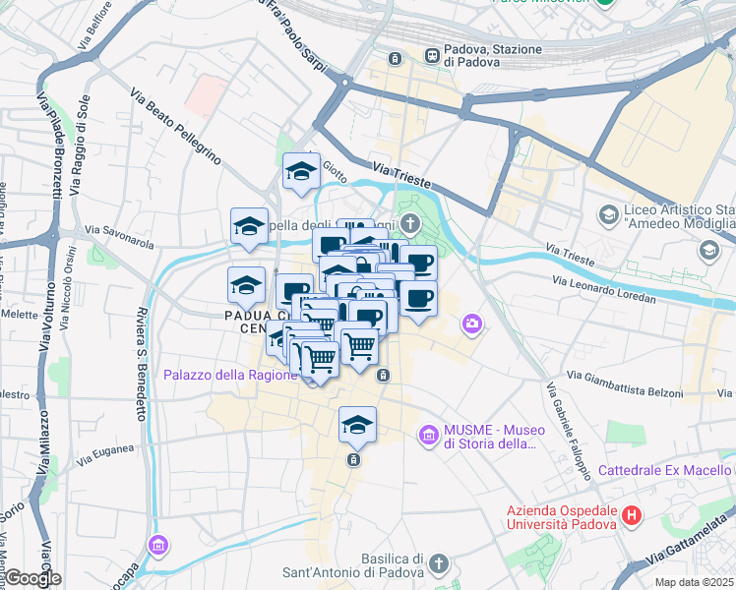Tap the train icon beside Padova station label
coord(432,55)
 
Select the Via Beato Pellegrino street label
coord(175,125)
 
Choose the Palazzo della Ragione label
coord(229,375)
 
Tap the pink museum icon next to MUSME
coord(428,434)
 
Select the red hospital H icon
coord(632,514)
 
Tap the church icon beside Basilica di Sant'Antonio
coord(439,563)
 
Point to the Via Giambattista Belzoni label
coord(625,383)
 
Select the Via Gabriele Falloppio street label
coord(568,429)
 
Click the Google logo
coord(31,578)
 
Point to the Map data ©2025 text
coord(694,582)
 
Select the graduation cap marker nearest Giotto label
coord(301,173)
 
